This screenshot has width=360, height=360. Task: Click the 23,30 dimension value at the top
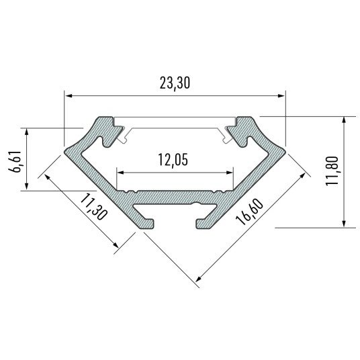[175, 84]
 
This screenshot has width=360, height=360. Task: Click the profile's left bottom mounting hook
[147, 219]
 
